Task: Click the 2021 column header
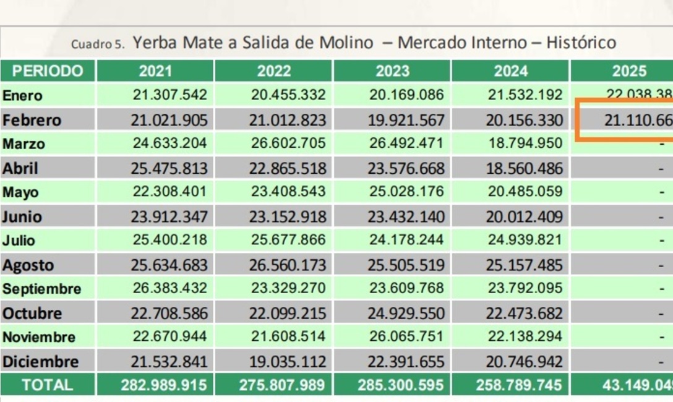(155, 71)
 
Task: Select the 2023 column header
(392, 71)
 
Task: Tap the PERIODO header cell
(48, 71)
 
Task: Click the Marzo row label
(24, 144)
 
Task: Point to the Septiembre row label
(41, 289)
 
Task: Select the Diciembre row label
(40, 362)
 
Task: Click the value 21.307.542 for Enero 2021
(169, 95)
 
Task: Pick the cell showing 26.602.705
(288, 143)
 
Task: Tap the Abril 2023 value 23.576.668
(406, 168)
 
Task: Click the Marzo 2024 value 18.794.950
(524, 143)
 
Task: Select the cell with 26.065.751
(406, 337)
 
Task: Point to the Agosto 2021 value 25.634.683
(169, 265)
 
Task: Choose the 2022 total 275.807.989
(282, 385)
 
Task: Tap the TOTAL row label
(47, 385)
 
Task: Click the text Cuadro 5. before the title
(98, 45)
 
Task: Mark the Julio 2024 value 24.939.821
(524, 241)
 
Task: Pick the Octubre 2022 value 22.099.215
(288, 313)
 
